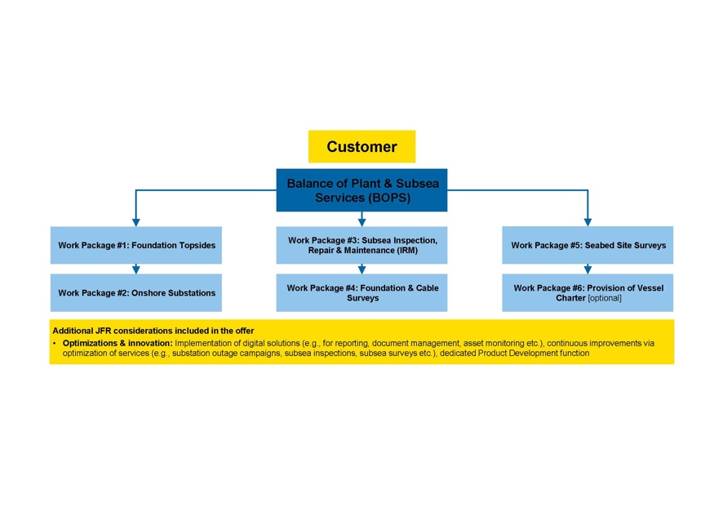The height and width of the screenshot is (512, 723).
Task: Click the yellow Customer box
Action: [361, 147]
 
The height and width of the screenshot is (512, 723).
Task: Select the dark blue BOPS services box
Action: [361, 190]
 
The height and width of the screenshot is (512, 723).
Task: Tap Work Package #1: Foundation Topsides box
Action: [136, 245]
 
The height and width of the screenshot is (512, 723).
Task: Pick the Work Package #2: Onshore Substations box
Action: [136, 292]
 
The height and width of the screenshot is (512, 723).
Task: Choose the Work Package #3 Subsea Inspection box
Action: [361, 245]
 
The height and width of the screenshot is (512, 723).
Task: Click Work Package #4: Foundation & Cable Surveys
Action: [361, 292]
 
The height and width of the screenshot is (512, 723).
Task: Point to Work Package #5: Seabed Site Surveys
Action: [588, 245]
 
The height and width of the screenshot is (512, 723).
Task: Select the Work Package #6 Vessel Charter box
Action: [588, 292]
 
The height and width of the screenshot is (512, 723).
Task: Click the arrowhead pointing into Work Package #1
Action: [136, 221]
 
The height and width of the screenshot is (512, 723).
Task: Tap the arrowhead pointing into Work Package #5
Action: [588, 221]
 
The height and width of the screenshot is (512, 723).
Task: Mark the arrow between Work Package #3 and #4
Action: [361, 269]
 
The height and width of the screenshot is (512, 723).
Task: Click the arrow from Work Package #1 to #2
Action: [136, 269]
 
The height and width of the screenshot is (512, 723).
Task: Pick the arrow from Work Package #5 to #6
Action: [588, 269]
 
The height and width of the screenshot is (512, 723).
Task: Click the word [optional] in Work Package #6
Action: [605, 298]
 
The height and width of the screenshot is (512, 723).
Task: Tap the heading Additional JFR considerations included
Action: [153, 331]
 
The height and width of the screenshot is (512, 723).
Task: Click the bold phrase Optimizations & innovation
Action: [117, 343]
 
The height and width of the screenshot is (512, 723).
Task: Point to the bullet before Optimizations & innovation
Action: [55, 343]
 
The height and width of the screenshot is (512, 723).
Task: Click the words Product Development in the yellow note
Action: [522, 354]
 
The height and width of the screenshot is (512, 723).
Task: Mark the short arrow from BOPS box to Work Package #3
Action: [361, 219]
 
